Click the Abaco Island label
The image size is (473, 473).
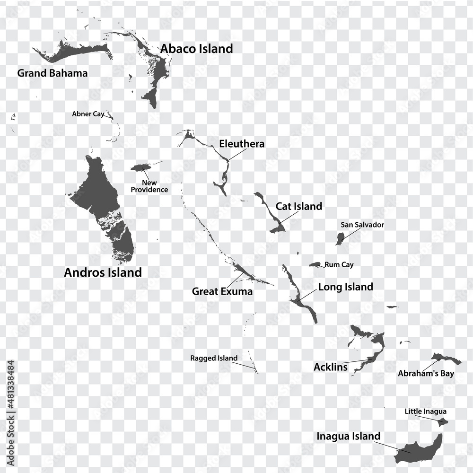point(196,49)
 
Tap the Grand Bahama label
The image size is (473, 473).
point(52,73)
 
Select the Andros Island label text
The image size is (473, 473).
point(103,272)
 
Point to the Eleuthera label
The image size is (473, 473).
point(242,144)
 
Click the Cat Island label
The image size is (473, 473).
point(299,206)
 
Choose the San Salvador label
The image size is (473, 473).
point(362,225)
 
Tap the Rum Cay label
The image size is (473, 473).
point(339,265)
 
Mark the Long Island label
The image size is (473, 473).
point(345,287)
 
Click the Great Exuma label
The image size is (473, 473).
point(222,291)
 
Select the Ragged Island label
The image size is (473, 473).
point(214,358)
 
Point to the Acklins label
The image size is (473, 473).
point(330,367)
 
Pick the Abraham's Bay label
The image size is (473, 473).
point(426,374)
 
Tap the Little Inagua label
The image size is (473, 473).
point(425,412)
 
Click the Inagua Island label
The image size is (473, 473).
point(348,436)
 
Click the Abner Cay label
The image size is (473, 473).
point(88,114)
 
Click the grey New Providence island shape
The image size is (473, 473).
point(140,167)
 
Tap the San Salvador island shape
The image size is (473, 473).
point(340,239)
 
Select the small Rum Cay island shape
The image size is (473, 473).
point(315,264)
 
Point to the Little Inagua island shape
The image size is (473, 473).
point(443,422)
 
